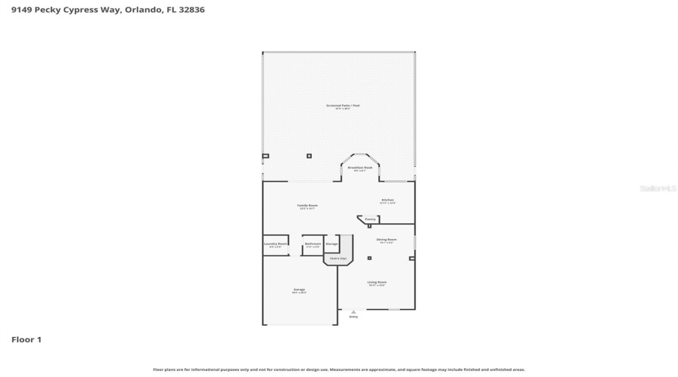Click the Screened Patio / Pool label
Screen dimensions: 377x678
pos(343,106)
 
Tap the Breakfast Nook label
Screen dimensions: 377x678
pos(360,167)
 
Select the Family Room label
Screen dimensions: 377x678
pos(307,205)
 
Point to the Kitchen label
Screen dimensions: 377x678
pos(387,200)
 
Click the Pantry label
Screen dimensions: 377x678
pos(370,219)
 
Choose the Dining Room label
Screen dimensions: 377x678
pos(387,240)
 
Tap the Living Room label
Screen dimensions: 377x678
pos(377,283)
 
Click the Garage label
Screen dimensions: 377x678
pos(299,290)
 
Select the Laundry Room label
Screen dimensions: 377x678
pos(275,244)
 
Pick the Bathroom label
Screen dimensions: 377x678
pos(313,244)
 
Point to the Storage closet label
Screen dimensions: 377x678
pos(331,244)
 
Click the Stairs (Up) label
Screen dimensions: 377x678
pos(338,259)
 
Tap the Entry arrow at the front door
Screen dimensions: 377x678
pos(353,311)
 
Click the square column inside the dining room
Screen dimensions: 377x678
pos(369,258)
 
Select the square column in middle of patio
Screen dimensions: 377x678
pos(309,156)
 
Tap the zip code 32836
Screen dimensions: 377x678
pos(191,10)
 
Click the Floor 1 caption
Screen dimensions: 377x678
pos(26,339)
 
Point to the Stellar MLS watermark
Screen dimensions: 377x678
pos(658,188)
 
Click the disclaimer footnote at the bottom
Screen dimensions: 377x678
pos(339,369)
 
